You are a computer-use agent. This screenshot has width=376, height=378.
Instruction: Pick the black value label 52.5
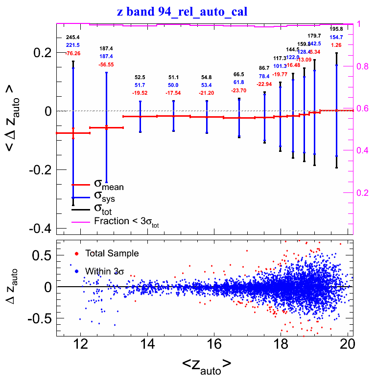point(140,77)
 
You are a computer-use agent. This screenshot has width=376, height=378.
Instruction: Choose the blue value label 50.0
point(173,85)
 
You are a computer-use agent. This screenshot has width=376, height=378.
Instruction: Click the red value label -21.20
point(207,93)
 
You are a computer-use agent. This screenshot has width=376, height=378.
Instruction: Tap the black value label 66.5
point(239,74)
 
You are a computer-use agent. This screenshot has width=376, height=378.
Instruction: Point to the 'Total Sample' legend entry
point(112,253)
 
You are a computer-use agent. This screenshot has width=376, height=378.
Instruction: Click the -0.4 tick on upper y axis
point(42,229)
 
